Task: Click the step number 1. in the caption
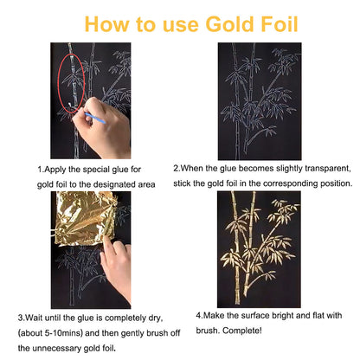coord(40,170)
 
